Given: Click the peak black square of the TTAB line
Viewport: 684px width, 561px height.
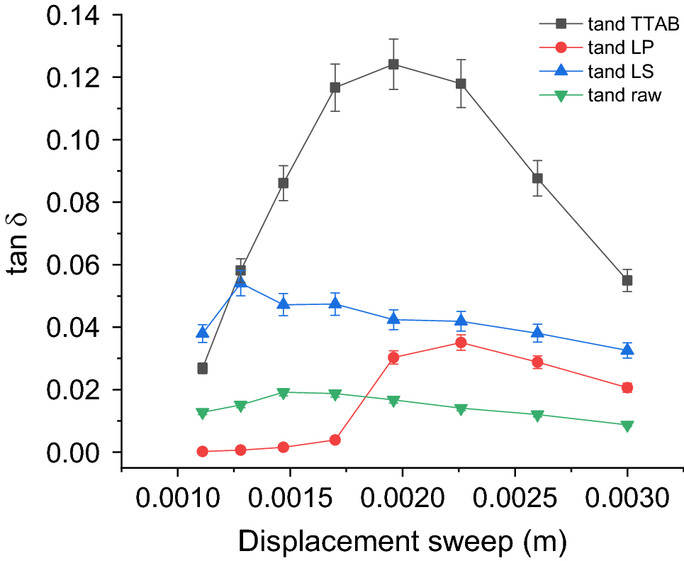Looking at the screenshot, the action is (393, 65).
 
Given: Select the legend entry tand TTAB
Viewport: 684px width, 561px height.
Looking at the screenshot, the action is (624, 25).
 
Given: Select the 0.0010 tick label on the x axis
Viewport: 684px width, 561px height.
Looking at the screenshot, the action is (177, 497).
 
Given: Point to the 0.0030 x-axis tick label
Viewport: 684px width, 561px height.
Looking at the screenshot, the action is (627, 497).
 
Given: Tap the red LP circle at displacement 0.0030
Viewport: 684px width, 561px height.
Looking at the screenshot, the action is (627, 387).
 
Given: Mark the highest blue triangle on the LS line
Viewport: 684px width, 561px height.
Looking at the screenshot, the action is (240, 282).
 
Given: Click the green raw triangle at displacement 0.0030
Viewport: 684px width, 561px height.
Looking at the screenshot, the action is (627, 426).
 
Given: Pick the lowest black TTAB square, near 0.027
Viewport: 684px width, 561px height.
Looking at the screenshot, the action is (202, 369).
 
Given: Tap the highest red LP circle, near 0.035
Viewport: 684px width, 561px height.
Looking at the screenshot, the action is (461, 343).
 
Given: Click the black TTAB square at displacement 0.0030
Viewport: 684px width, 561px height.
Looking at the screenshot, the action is (627, 280).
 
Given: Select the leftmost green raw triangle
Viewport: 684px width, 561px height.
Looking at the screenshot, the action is (202, 413).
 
